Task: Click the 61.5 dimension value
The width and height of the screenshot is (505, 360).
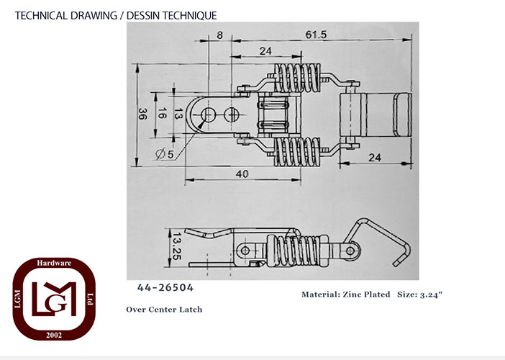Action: [316, 35]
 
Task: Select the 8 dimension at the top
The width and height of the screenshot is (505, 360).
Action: [219, 35]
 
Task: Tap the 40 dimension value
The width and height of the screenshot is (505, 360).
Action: [242, 174]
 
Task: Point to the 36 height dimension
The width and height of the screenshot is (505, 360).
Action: [142, 114]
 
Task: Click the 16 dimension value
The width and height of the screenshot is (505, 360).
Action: [162, 113]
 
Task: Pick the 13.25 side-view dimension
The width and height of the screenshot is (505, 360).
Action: [177, 246]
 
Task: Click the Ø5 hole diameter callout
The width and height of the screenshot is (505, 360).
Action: [165, 154]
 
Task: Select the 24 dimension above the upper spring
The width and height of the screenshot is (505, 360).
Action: [265, 51]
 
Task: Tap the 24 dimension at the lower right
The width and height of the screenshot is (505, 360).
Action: [375, 158]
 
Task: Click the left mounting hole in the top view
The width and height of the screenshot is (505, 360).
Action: [209, 114]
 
